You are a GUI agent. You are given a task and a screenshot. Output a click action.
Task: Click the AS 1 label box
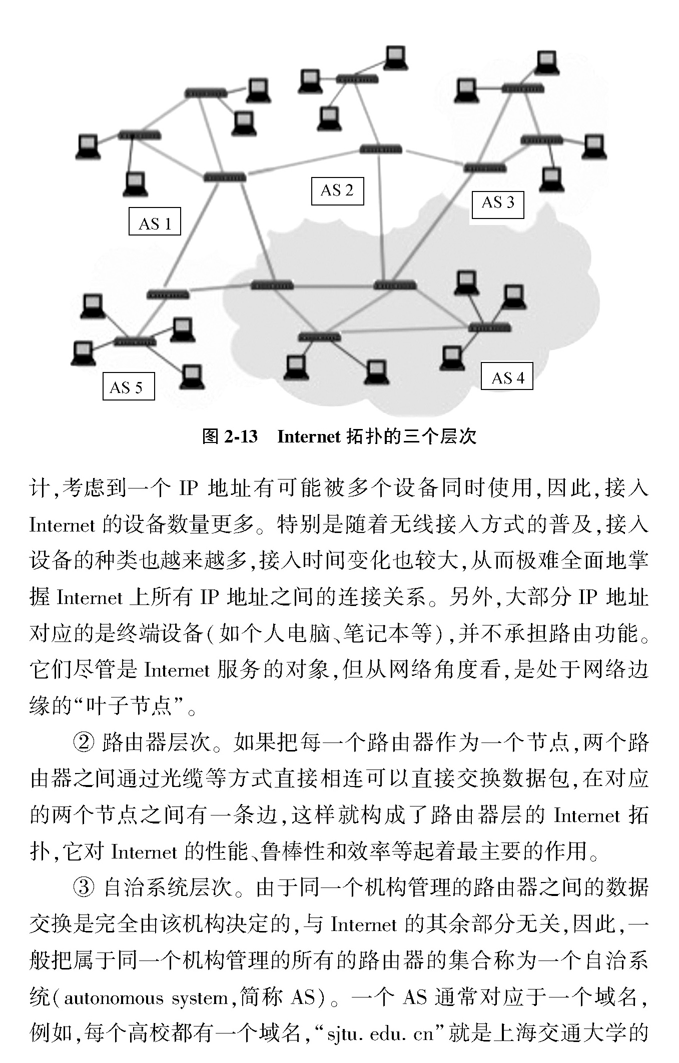click(155, 221)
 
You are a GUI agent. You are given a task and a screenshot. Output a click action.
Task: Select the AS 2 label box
click(337, 191)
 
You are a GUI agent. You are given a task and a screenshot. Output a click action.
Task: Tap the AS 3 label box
click(498, 204)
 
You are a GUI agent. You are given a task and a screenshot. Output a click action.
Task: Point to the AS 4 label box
click(506, 376)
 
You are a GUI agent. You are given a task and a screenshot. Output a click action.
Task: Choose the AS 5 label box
click(128, 386)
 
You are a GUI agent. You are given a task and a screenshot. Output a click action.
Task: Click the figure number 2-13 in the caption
click(241, 437)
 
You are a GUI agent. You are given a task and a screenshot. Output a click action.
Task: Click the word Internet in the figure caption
click(309, 437)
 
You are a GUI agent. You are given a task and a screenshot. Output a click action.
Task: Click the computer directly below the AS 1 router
click(135, 184)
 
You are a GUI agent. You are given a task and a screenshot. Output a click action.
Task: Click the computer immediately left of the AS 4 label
click(452, 358)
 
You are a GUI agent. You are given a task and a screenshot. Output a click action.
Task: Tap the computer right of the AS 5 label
click(192, 376)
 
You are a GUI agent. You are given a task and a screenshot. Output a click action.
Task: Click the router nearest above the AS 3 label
click(484, 167)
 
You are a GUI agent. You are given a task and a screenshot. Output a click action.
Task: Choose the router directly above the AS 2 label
click(381, 149)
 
